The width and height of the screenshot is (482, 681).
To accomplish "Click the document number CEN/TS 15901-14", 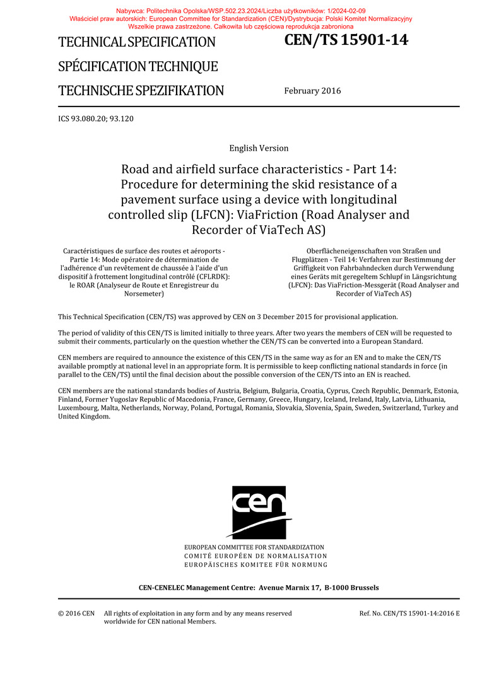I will (x=346, y=41).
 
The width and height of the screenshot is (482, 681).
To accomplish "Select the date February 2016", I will (x=312, y=91).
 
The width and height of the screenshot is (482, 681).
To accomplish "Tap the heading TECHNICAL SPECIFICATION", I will (x=137, y=43).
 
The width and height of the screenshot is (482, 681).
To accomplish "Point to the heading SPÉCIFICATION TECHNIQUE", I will (x=138, y=67).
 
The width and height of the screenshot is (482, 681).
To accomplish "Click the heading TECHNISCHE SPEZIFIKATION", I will (x=141, y=91).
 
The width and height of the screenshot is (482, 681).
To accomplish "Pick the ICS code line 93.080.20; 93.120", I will (x=96, y=119).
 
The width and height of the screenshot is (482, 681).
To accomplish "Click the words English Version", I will (x=259, y=148).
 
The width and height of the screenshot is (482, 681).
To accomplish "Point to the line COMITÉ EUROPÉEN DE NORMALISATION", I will (x=256, y=556).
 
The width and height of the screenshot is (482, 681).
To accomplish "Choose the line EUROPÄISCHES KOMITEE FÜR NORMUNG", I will (x=256, y=565).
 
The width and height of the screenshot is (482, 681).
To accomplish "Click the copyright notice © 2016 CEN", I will (x=76, y=613).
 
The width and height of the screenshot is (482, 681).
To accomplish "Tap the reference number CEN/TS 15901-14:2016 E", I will (x=409, y=613).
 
